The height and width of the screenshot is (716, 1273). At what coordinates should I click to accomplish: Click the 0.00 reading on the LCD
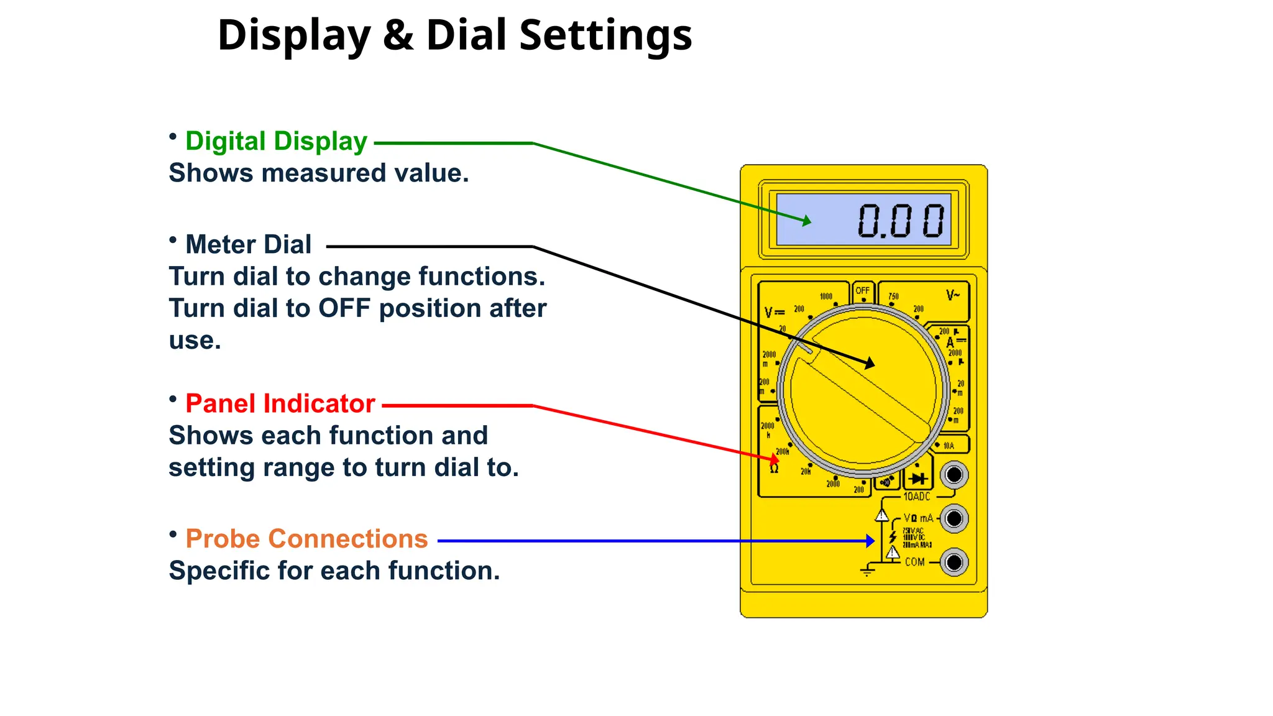pos(901,221)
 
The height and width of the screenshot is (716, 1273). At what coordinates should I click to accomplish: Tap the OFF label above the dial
pos(863,290)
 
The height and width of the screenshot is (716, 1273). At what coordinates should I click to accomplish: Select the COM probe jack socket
pos(954,562)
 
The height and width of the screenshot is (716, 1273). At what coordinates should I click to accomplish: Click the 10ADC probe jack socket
pos(954,475)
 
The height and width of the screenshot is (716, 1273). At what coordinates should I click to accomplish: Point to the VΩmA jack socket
pos(954,518)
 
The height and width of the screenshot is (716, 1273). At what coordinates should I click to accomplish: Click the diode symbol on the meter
pos(918,479)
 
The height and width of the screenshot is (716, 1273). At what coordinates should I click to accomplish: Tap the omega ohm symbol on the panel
pos(774,469)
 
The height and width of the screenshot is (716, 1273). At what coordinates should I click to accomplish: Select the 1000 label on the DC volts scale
pos(825,296)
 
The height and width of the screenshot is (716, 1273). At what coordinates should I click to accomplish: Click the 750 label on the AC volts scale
pos(893,296)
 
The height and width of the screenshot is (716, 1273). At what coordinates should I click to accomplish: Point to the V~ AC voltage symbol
pos(953,295)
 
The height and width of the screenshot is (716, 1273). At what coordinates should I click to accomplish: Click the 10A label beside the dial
pos(949,446)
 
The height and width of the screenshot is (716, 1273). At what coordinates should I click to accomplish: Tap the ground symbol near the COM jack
pos(868,571)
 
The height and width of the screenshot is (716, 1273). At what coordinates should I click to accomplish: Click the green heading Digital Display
pos(276,142)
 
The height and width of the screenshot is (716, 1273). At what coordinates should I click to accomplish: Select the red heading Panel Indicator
pos(280,404)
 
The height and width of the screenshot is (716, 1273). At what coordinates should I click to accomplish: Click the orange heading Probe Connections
pos(306,539)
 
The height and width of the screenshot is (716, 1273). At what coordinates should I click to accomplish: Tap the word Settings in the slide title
pos(605,35)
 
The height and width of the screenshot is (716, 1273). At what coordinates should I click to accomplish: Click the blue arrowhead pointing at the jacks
pos(871,541)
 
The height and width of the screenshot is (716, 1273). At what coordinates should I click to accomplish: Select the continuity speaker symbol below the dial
pos(886,482)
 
